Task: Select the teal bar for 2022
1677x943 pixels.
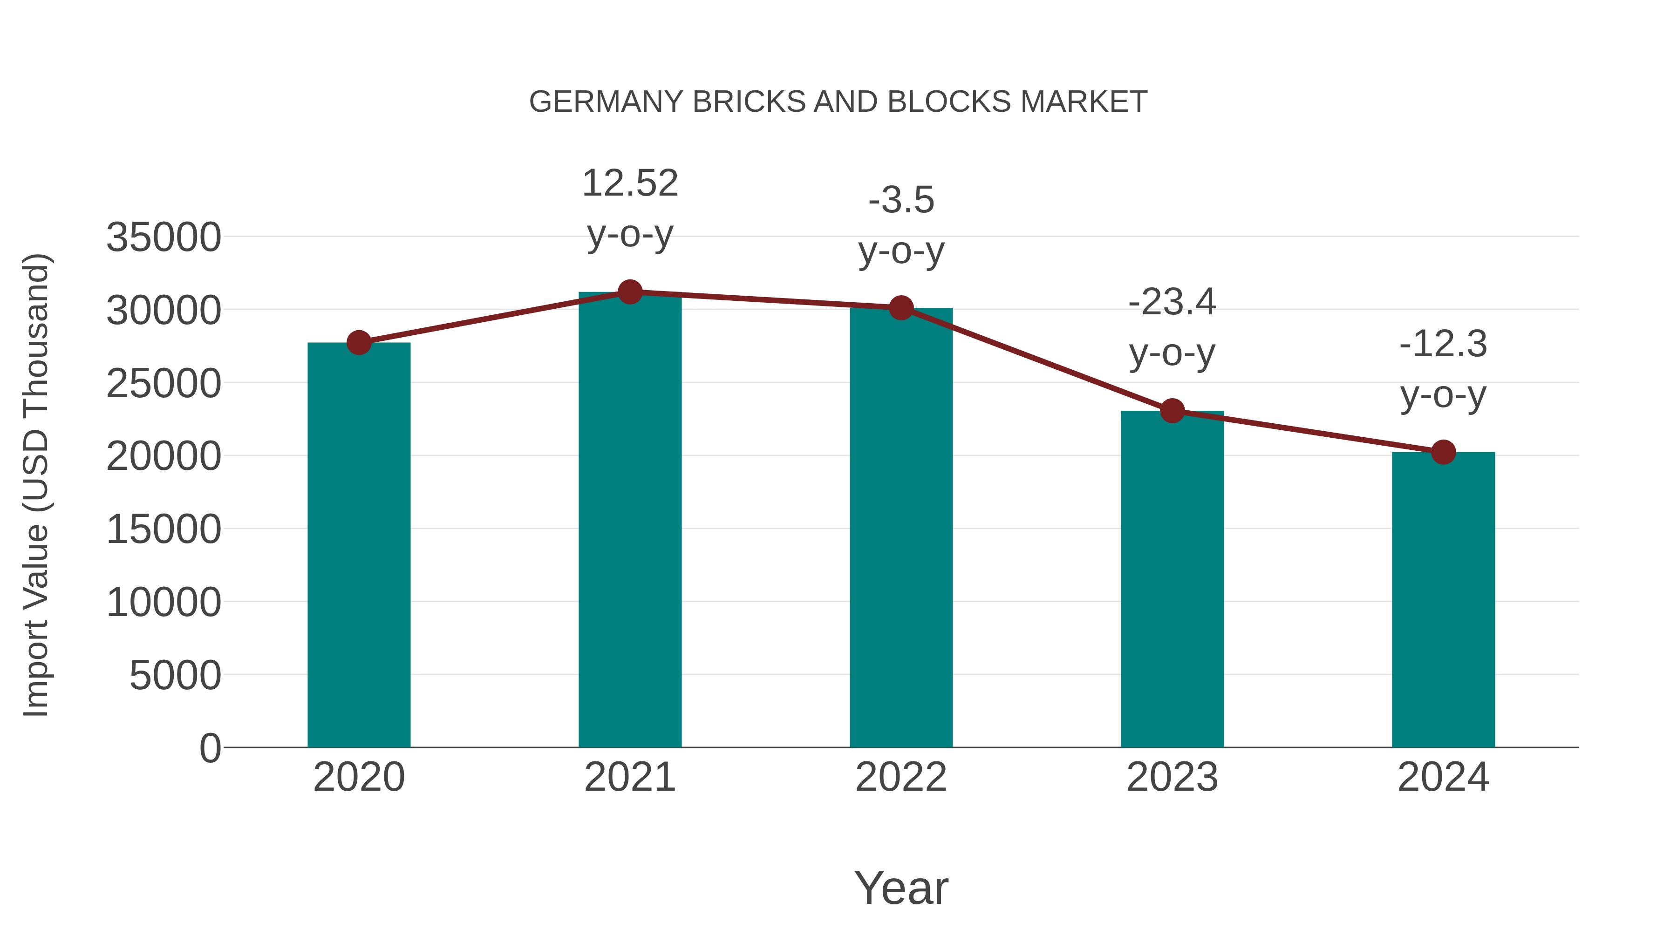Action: point(901,527)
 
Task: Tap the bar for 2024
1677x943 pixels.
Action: point(1443,599)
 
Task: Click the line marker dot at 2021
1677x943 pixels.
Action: point(629,292)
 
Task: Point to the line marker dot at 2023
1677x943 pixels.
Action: point(1172,411)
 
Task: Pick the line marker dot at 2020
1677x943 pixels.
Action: point(359,342)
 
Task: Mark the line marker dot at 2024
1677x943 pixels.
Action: point(1443,452)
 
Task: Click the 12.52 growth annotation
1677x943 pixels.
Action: point(629,183)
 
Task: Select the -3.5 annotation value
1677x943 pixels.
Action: point(901,200)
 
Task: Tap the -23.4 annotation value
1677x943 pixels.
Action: point(1172,302)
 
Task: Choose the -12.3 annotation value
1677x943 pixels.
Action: point(1443,344)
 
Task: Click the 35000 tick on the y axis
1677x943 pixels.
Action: point(164,237)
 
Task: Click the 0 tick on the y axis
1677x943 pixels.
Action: point(210,748)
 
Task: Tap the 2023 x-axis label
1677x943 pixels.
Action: point(1172,777)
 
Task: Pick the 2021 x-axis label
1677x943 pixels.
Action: point(629,777)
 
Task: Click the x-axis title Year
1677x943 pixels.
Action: point(901,888)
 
